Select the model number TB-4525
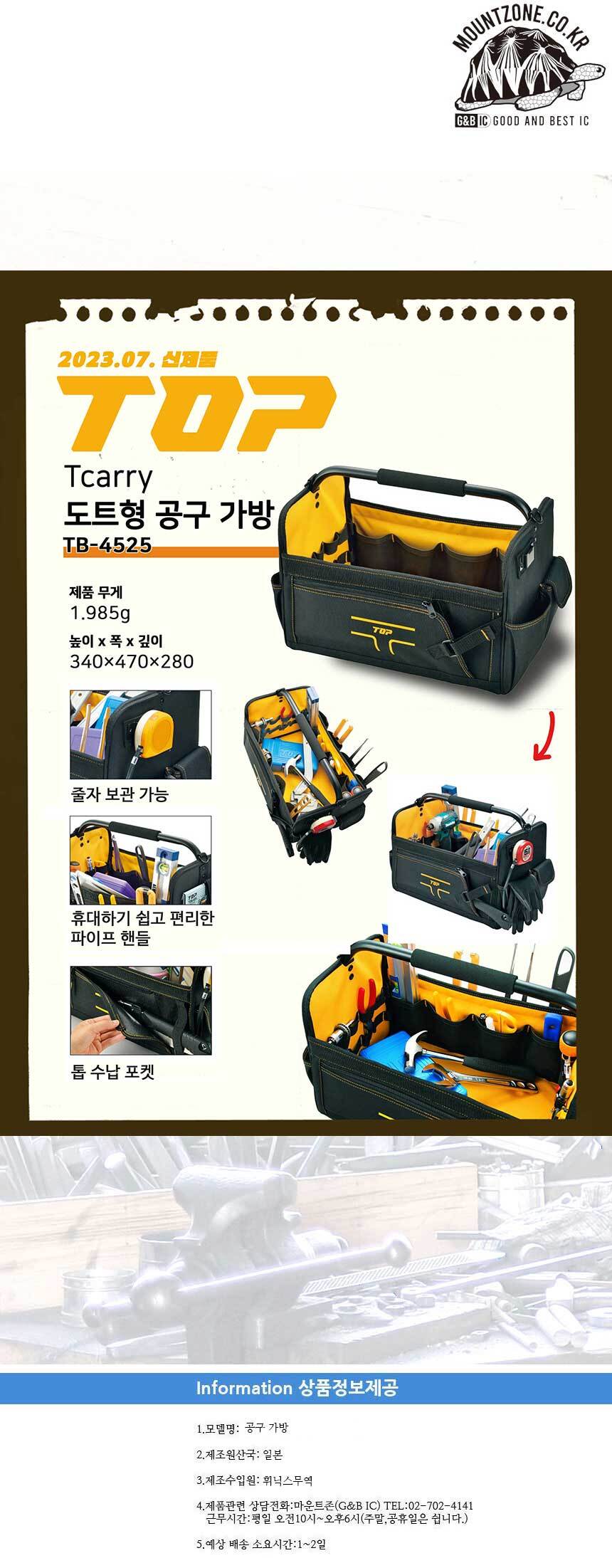107,544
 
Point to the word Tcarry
107,478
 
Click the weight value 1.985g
100,613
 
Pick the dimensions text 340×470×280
132,661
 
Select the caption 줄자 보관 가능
119,794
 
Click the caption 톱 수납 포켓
112,1071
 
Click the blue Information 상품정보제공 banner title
297,1387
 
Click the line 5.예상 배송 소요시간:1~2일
260,1544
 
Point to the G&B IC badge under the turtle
470,121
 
